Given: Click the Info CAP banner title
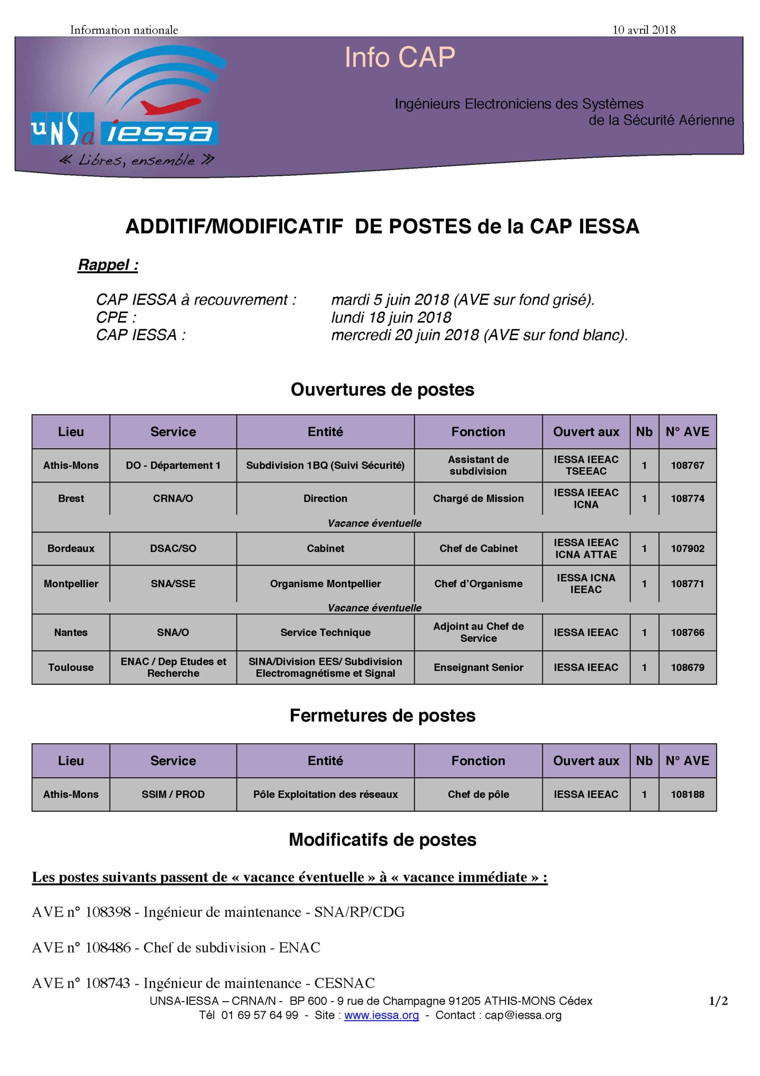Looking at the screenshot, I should coord(400,58).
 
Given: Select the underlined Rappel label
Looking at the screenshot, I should coord(108,265).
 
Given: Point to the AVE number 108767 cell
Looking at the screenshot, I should coord(687,465).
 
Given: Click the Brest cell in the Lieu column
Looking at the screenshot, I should coord(71,498).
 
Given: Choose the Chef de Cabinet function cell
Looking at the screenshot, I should coord(478,549).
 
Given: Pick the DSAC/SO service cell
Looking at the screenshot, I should coord(173,549).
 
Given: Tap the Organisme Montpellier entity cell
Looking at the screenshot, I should coord(325,583).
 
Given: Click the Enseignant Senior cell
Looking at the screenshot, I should coord(478,667).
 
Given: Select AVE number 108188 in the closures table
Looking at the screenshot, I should coord(687,794).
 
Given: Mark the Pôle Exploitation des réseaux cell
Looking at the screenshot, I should coord(325,794).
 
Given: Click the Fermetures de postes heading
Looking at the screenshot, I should coord(382,716).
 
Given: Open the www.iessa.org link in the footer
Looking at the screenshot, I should coord(381,1015).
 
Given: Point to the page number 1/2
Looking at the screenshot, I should coord(718,1001).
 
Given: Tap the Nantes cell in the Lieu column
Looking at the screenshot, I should coord(71,632).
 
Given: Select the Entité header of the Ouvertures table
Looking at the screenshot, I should coord(325,432).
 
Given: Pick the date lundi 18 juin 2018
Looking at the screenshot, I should coord(391,317).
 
